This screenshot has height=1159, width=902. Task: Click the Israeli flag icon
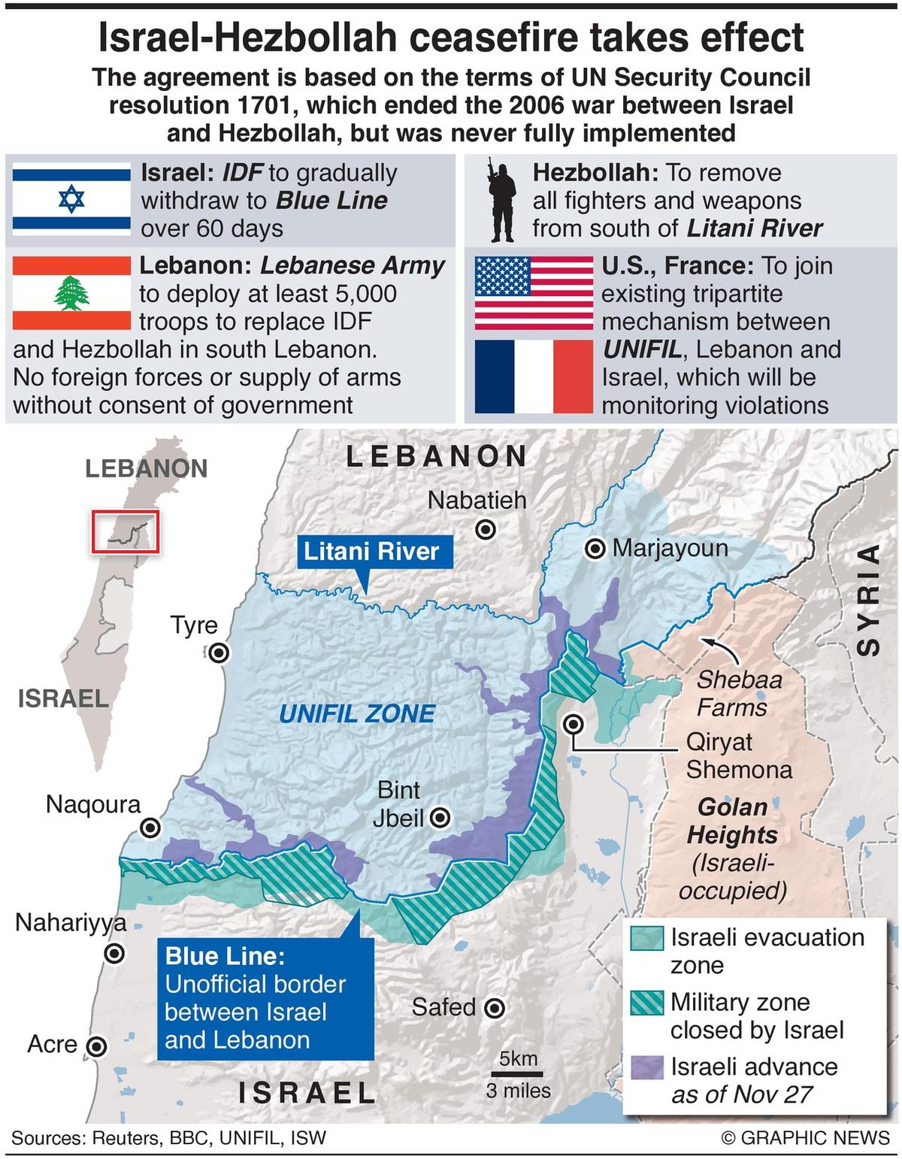71,199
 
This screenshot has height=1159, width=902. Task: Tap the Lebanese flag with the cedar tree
71,293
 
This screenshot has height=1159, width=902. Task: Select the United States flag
533,293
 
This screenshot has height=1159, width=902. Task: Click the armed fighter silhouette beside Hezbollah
498,201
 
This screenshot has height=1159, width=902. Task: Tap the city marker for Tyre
219,653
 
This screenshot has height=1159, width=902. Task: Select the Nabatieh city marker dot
487,530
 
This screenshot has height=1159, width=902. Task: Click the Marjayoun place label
669,548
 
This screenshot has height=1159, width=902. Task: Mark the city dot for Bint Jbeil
440,819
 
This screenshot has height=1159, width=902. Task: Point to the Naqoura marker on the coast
151,828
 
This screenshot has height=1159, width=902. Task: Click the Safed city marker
494,1008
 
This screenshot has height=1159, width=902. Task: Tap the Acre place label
52,1045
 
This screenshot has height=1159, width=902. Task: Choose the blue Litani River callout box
371,552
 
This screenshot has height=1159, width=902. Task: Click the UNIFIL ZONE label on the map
356,713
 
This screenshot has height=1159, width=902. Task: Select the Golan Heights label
732,821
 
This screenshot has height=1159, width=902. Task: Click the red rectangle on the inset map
126,532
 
